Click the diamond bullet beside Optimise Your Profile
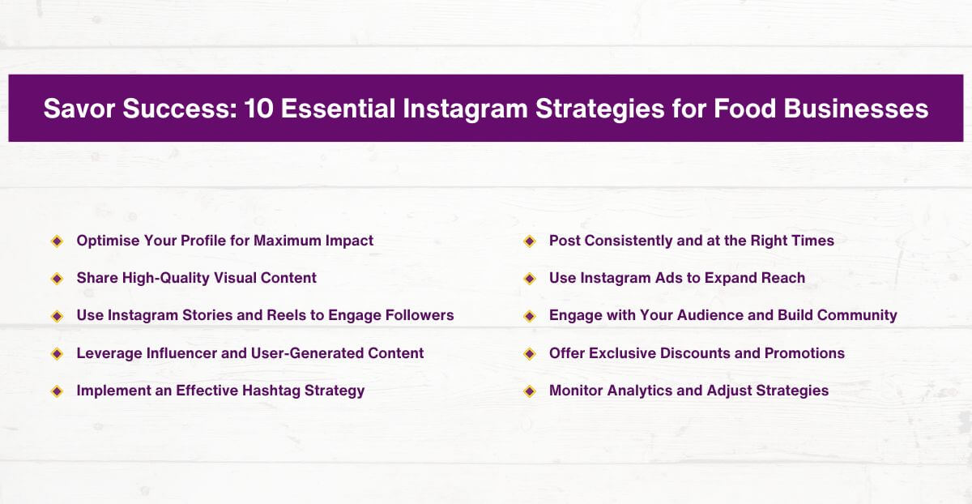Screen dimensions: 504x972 (57, 241)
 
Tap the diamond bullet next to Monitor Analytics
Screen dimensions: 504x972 (530, 391)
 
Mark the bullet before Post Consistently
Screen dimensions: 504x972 (530, 241)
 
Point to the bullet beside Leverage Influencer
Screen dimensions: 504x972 (57, 353)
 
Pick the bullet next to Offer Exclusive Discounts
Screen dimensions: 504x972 (530, 353)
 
